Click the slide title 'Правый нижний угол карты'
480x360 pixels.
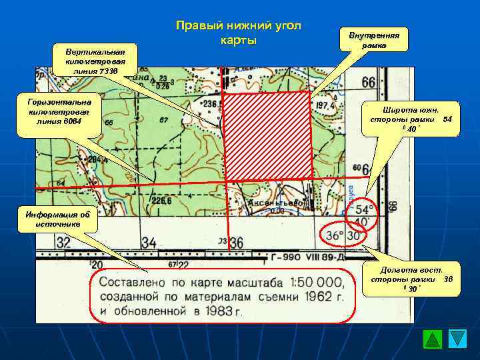pos(238,33)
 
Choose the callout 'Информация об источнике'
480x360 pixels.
pos(57,219)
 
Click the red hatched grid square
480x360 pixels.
pos(267,136)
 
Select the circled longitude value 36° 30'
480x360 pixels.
pos(344,236)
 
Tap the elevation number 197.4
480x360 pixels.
pos(326,105)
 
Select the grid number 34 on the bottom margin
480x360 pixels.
pos(148,243)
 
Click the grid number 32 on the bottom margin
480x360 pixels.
pos(63,243)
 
